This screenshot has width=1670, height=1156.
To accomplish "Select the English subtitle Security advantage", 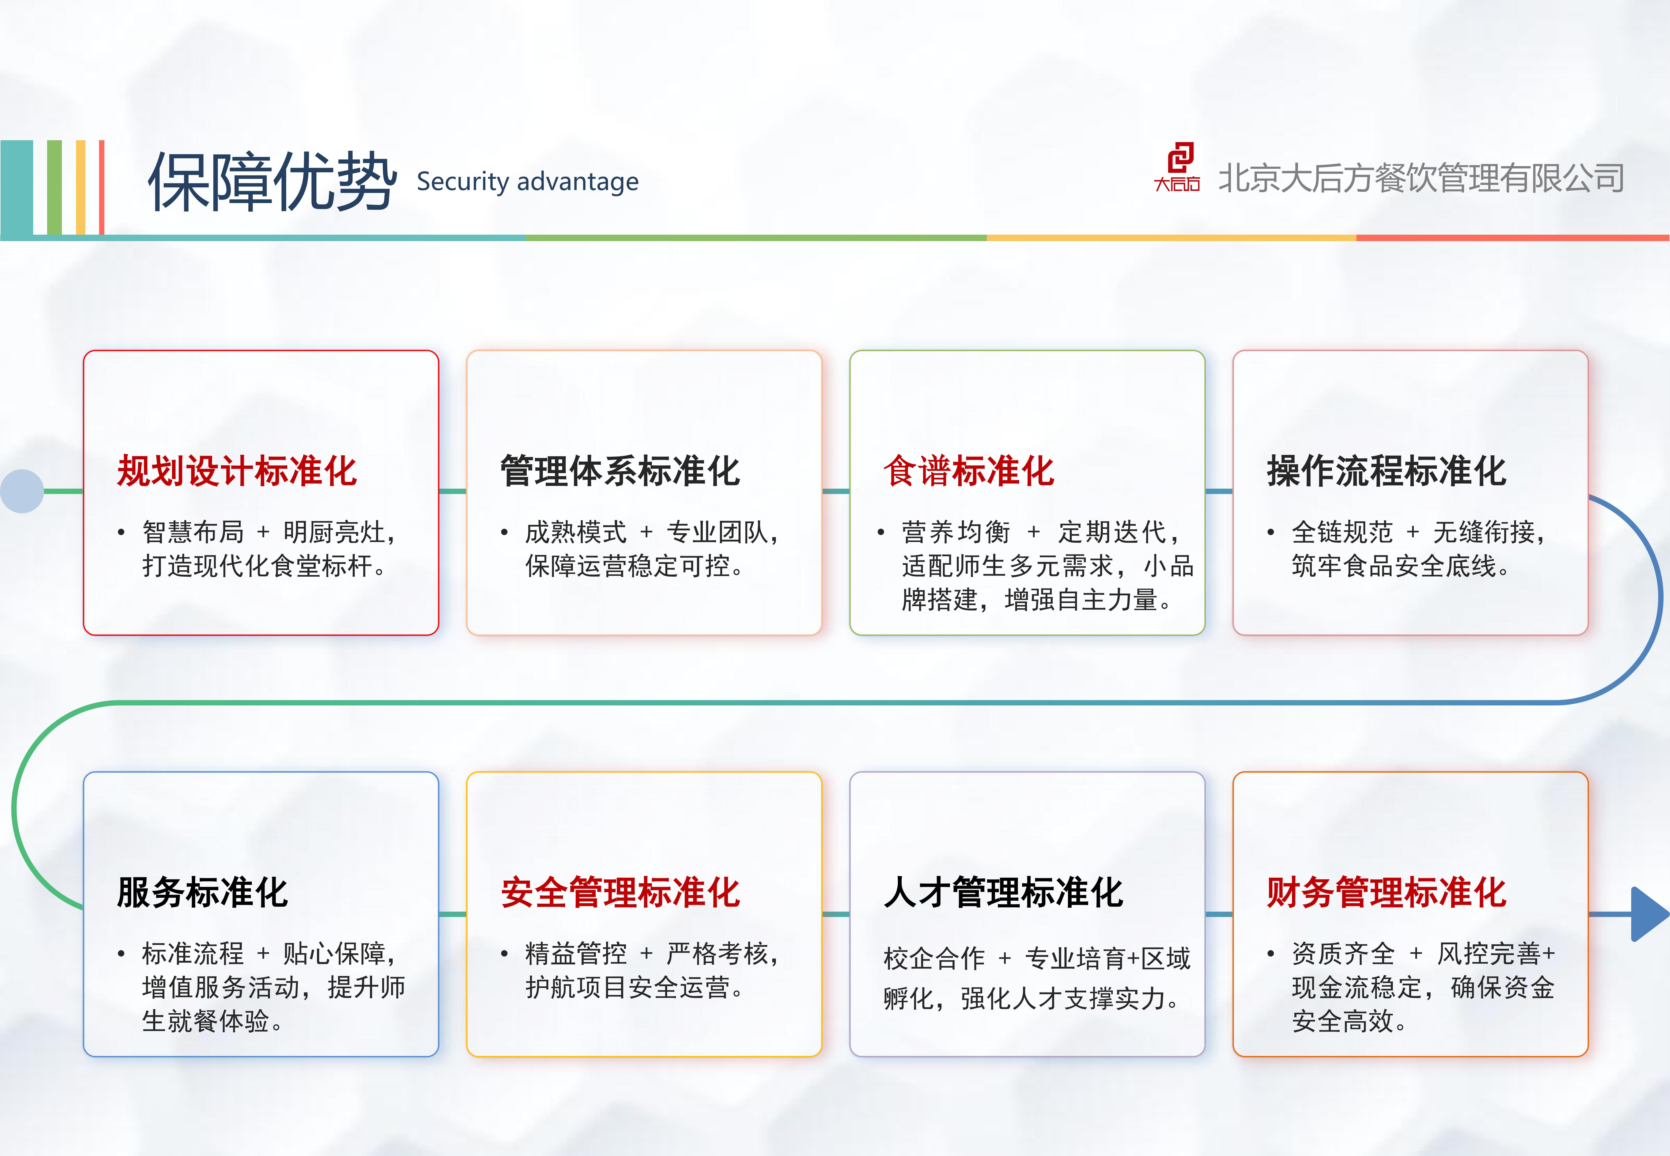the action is tap(527, 182).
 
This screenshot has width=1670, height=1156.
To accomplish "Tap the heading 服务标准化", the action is tap(203, 892).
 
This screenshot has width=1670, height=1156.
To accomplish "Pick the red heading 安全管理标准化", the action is tap(620, 892).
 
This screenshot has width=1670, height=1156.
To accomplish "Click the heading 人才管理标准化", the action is tap(1003, 892).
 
